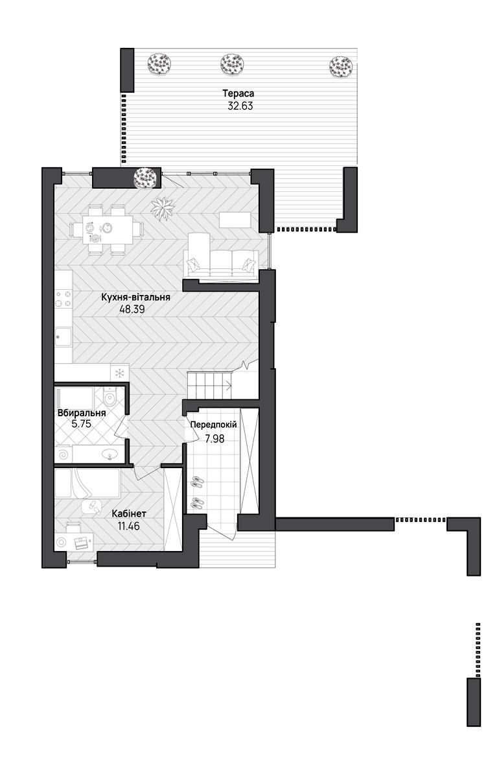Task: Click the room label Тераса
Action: point(238,93)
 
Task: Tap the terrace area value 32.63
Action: point(240,106)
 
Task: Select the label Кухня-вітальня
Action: point(135,298)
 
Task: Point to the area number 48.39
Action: point(132,309)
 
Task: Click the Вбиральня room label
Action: point(82,413)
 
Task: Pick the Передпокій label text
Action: point(214,425)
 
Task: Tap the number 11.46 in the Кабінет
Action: point(128,526)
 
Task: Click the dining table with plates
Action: point(108,230)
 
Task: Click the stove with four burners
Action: point(64,299)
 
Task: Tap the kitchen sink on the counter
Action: point(64,336)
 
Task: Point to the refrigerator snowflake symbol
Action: point(119,373)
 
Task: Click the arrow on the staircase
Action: point(227,384)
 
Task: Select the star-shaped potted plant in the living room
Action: point(163,208)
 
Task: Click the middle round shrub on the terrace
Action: point(232,64)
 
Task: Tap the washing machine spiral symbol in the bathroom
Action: point(64,454)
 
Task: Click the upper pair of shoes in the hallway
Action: point(197,481)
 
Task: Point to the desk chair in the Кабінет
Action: point(73,527)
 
